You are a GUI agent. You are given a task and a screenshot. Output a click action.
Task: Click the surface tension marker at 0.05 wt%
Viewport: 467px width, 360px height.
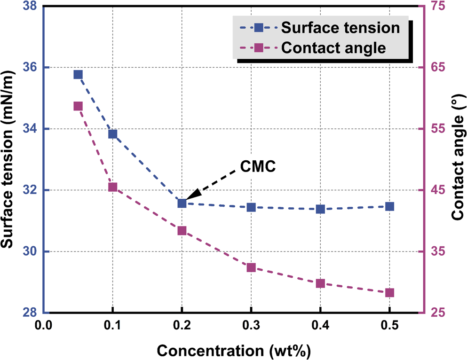[x=78, y=75]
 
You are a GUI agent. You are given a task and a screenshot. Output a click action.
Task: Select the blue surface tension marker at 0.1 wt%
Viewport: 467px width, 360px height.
[x=112, y=134]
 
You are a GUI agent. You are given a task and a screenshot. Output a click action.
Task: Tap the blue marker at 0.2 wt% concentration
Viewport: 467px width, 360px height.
[x=182, y=203]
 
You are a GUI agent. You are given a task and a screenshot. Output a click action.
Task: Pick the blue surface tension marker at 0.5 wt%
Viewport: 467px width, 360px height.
[x=389, y=206]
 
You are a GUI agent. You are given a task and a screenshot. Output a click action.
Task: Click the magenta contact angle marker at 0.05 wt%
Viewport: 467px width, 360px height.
[x=78, y=106]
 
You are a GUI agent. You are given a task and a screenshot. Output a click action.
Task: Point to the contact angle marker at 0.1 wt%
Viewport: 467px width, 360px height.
[x=112, y=187]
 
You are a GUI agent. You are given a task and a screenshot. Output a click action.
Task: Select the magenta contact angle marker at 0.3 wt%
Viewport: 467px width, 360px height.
[x=251, y=267]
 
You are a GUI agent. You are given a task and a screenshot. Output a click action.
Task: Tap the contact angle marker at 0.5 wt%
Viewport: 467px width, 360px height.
[x=389, y=293]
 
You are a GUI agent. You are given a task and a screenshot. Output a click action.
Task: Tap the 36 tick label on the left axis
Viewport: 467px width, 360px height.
[x=29, y=68]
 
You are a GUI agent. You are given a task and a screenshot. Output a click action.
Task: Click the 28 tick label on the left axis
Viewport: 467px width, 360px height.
[x=29, y=313]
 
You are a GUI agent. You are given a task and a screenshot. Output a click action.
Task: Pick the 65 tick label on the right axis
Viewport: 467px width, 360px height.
[x=438, y=68]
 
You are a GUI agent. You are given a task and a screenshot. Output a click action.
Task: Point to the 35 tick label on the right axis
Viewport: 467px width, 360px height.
[x=438, y=252]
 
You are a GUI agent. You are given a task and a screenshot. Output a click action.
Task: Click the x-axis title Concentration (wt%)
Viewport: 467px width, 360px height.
[x=234, y=351]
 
